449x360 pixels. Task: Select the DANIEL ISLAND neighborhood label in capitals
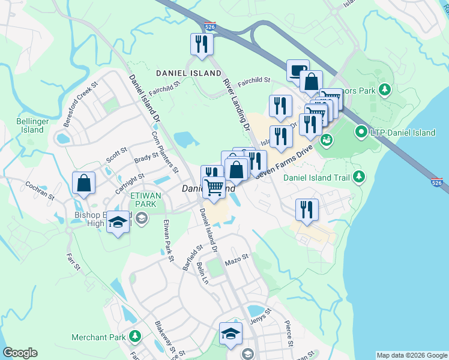coord(188,73)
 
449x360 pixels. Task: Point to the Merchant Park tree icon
coord(136,337)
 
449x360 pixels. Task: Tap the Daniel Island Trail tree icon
coord(359,176)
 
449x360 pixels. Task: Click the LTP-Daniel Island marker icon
coord(361,131)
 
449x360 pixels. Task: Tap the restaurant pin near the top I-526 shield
coord(201,44)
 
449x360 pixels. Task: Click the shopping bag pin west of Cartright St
coord(84,183)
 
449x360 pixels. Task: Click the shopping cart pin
coord(214,187)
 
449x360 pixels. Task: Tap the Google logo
coord(20,353)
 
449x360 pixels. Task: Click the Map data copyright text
coord(411,355)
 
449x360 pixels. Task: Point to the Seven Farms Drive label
coord(285,161)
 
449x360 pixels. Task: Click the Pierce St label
coord(289,337)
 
